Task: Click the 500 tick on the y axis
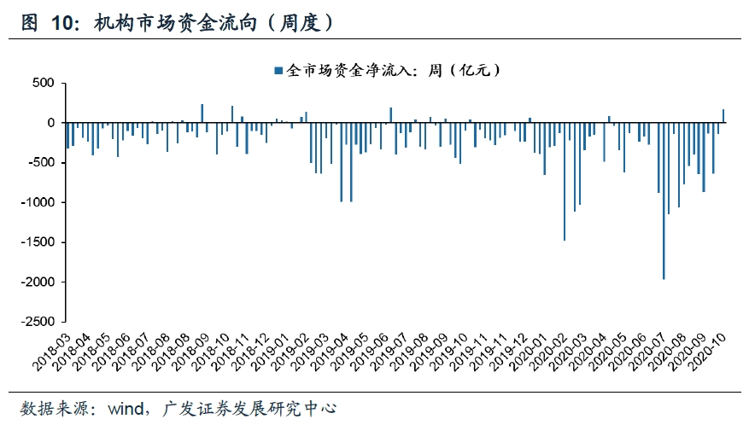tap(44, 84)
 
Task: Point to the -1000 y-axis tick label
tap(39, 202)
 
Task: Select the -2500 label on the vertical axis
tap(39, 322)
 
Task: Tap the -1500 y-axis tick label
tap(39, 242)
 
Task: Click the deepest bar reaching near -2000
tap(664, 201)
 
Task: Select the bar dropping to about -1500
tap(565, 182)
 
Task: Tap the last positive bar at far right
tap(723, 116)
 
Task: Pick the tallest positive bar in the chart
tap(202, 114)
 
